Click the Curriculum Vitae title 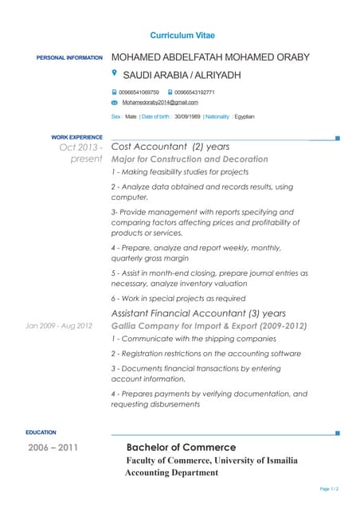pos(182,36)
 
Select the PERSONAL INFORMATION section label pos(69,58)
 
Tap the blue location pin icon pos(115,73)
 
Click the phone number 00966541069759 pos(139,92)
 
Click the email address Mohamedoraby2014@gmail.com pos(160,103)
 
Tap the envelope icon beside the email pos(115,103)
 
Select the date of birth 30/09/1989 pos(187,117)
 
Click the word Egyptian pos(243,117)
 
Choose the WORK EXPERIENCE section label pos(76,138)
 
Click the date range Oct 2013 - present pos(80,153)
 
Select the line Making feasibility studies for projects pos(180,172)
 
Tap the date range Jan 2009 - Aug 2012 pos(59,326)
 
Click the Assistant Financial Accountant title pos(198,313)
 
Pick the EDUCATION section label pos(41,433)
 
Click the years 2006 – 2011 pos(53,448)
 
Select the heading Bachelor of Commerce pos(181,448)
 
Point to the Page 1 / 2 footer pos(329,488)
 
